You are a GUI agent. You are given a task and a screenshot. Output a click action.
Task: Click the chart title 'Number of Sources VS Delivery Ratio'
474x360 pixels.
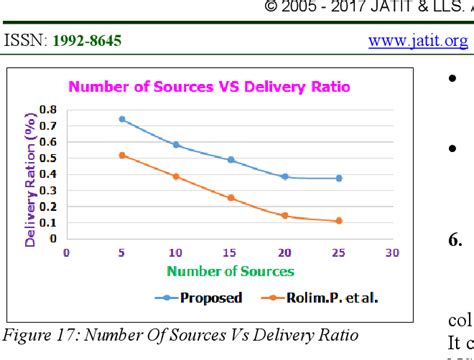click(x=208, y=86)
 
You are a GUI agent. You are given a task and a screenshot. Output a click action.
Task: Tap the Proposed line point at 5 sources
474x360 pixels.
click(x=121, y=119)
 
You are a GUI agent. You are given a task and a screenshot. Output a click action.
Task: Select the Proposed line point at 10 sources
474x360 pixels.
click(x=176, y=145)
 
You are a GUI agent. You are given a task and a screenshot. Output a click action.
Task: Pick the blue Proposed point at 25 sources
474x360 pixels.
click(x=339, y=178)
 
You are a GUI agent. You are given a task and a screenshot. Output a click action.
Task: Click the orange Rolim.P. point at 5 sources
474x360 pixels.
click(x=121, y=155)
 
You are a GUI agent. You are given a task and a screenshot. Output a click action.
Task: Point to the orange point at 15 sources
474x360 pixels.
click(x=230, y=198)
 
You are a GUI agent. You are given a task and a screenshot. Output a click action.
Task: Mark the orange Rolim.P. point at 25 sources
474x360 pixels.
click(x=339, y=221)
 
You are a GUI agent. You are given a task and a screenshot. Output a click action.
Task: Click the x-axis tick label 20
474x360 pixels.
click(x=285, y=252)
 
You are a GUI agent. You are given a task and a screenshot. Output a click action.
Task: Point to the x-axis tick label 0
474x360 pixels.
click(x=67, y=252)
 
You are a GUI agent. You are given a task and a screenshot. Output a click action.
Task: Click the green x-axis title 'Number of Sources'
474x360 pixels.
click(x=231, y=271)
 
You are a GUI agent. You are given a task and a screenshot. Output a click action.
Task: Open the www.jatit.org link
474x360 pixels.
click(x=417, y=41)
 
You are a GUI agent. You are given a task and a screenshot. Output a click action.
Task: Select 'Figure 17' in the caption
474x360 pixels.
click(x=39, y=333)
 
